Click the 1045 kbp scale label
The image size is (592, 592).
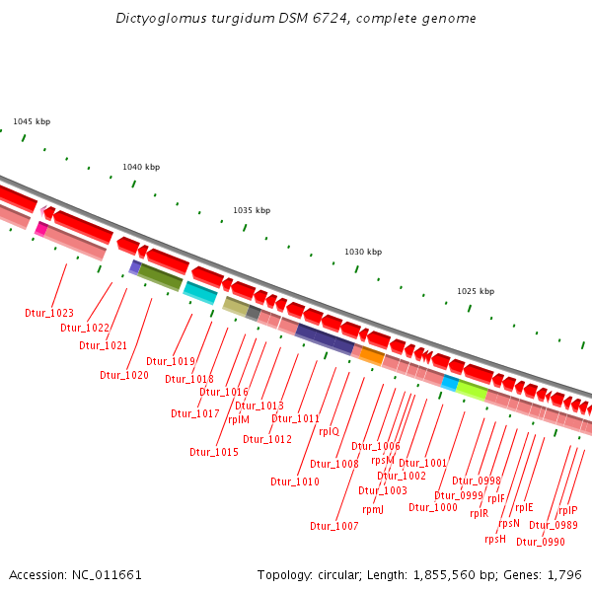click(x=32, y=121)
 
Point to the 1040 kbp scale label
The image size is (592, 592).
click(x=141, y=167)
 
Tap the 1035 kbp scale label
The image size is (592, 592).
click(x=252, y=210)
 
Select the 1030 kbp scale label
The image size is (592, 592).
click(x=362, y=252)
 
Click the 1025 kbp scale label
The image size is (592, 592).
click(x=476, y=291)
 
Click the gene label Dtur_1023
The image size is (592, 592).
click(x=49, y=313)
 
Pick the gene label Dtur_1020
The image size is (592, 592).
click(x=124, y=375)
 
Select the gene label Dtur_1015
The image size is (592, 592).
click(x=214, y=452)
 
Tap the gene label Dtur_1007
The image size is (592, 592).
click(x=334, y=526)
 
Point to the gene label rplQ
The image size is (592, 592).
click(x=329, y=431)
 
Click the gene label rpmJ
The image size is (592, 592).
click(x=373, y=509)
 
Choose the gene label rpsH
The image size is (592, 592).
click(x=495, y=539)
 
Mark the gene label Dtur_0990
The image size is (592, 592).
click(x=541, y=542)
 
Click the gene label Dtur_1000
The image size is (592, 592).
click(x=433, y=507)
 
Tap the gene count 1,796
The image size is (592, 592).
click(x=564, y=574)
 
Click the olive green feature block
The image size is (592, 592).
click(x=161, y=277)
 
